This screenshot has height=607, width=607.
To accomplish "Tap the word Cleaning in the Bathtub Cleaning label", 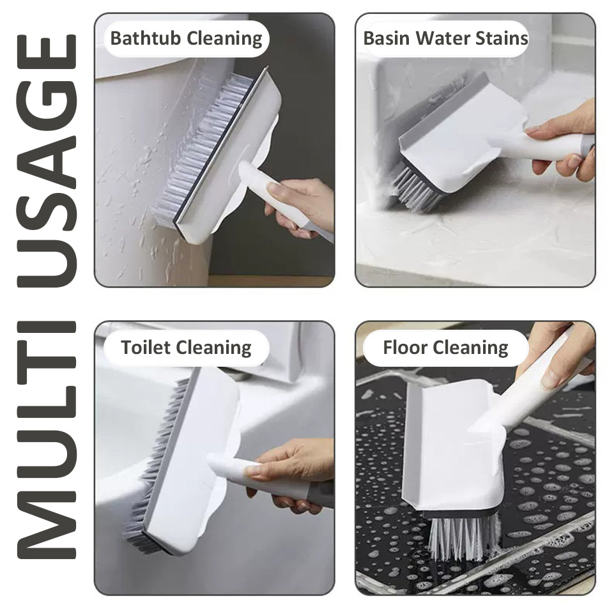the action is click(224, 39).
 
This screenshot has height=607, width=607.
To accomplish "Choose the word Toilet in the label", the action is click(146, 347).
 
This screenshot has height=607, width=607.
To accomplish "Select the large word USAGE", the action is click(47, 160).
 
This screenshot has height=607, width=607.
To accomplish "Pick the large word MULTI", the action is click(47, 440).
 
